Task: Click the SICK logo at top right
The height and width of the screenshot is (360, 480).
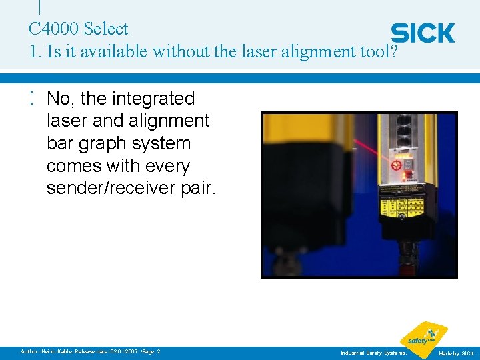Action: click(x=423, y=33)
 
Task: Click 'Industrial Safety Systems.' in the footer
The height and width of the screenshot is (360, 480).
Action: click(x=373, y=352)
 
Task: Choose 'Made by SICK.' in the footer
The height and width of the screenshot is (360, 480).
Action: click(x=457, y=352)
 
